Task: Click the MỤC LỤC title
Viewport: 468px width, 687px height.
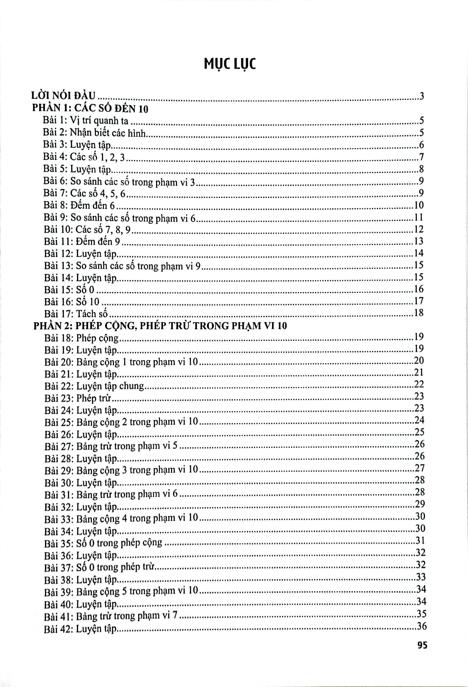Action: [230, 64]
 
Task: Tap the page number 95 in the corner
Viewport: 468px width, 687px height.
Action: [422, 645]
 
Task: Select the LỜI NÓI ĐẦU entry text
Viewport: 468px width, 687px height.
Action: [64, 96]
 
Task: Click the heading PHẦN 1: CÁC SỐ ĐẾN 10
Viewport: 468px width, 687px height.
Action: [90, 108]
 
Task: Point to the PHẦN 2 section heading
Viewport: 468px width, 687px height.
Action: [160, 326]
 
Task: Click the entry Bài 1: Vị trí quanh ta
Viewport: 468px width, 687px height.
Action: [86, 121]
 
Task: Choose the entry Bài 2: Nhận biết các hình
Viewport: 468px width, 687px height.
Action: [94, 133]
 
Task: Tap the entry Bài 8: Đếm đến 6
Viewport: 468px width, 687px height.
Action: [79, 205]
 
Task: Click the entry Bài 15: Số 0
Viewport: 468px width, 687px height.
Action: [69, 289]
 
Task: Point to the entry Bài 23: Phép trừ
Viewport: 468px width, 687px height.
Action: [77, 399]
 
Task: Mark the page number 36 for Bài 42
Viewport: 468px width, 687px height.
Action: [421, 626]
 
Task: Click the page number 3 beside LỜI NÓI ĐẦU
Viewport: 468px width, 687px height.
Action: [422, 96]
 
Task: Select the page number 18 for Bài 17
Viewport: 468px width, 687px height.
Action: [419, 313]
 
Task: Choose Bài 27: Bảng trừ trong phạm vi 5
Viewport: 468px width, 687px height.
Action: [111, 446]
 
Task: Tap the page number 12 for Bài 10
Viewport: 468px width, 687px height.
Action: [419, 229]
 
